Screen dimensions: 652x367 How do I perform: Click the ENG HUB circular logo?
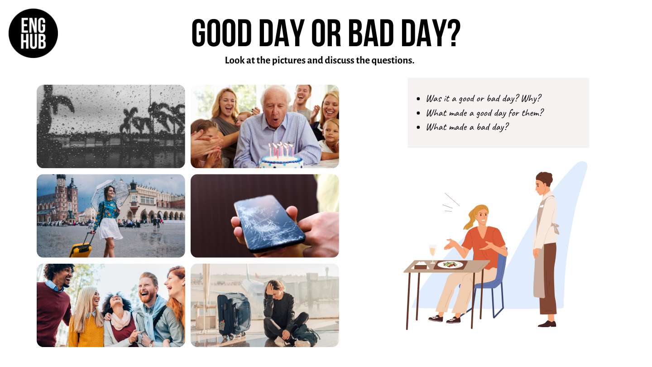click(x=33, y=33)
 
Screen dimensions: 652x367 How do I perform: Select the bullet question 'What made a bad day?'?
click(x=467, y=127)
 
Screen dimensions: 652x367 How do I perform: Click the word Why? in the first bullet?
click(x=531, y=98)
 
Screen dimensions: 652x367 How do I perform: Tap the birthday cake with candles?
click(x=281, y=156)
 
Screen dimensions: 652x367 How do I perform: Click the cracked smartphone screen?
click(x=269, y=223)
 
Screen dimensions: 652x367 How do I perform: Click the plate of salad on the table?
click(x=450, y=265)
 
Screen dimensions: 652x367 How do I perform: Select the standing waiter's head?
click(x=544, y=183)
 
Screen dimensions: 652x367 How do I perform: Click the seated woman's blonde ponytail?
click(x=472, y=217)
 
